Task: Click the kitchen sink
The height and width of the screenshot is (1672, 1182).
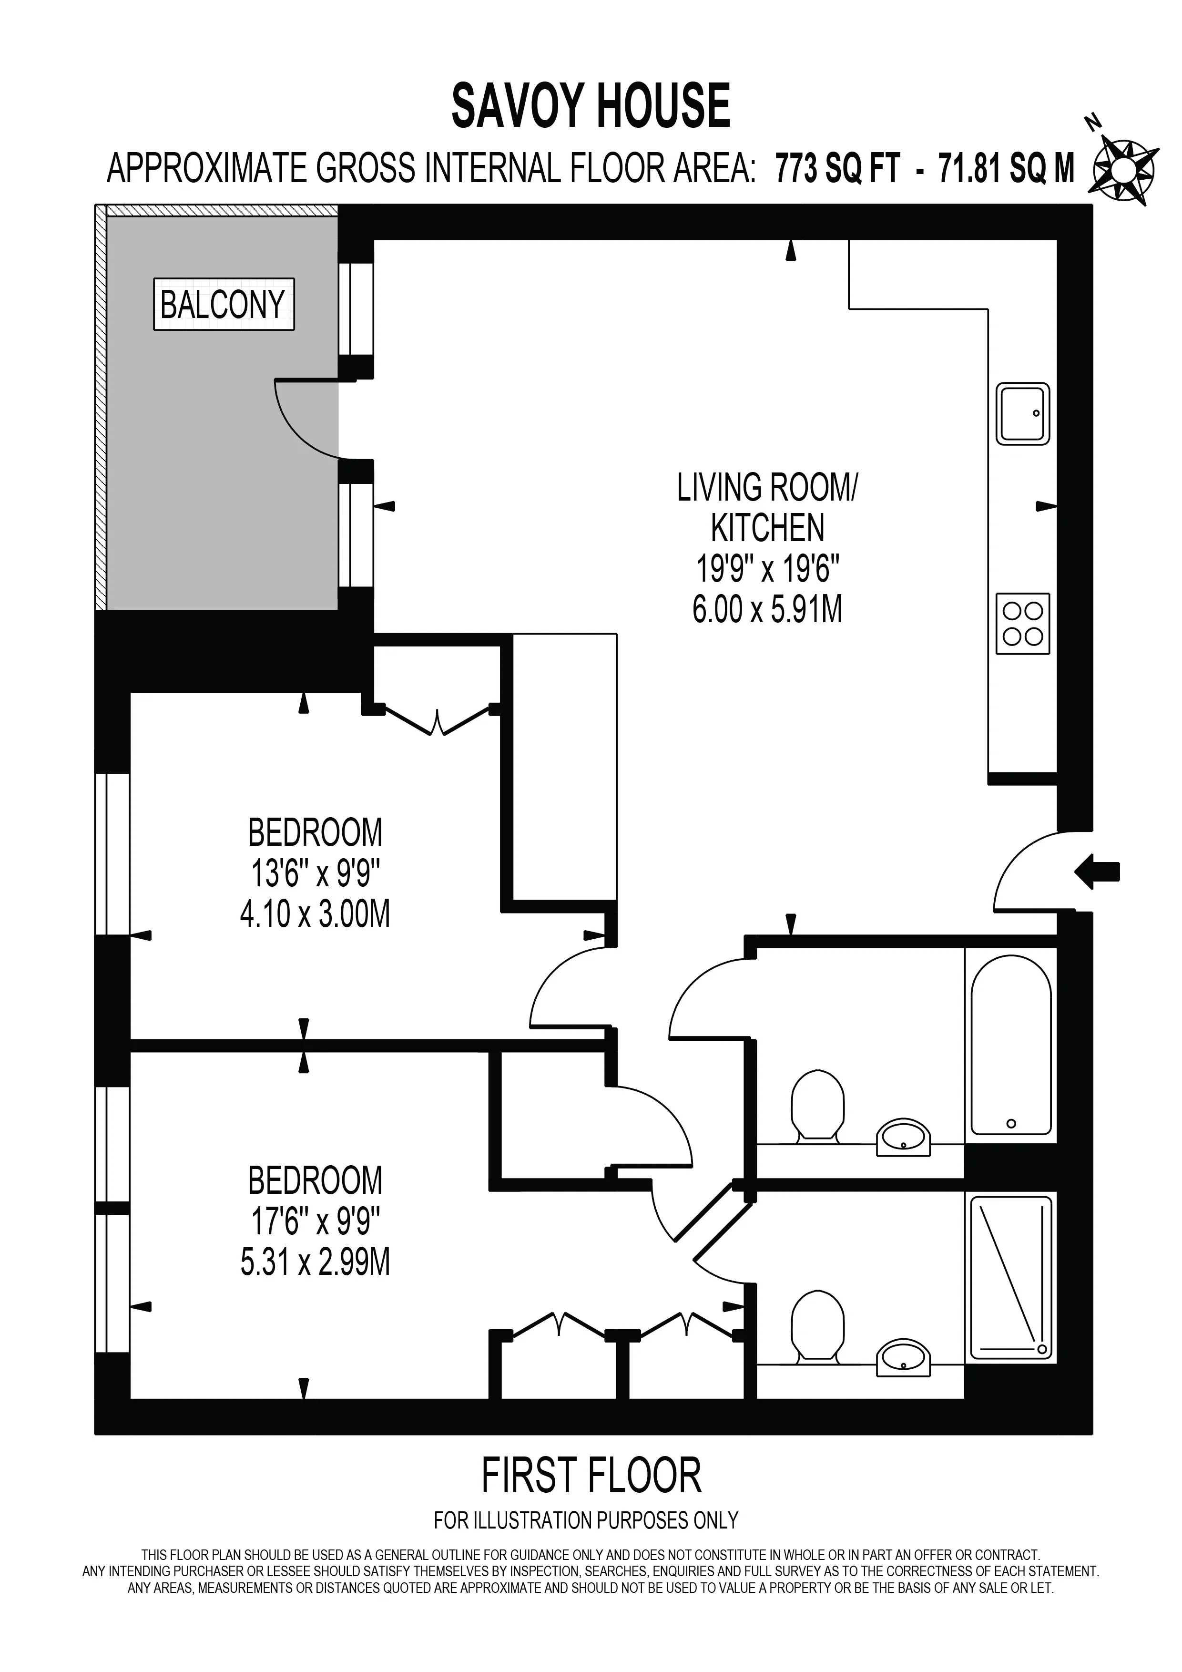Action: (x=1023, y=414)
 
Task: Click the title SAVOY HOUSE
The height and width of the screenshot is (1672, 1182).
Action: (x=591, y=105)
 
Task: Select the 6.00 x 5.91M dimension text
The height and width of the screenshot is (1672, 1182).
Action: (x=767, y=609)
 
